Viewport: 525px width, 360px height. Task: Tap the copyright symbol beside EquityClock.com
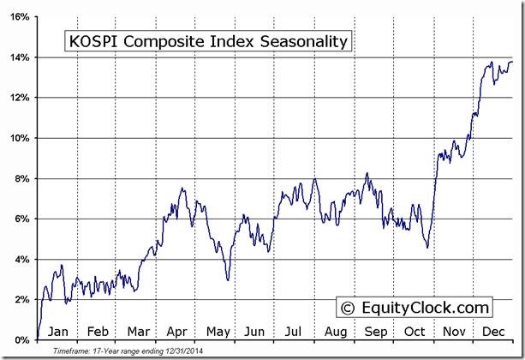pyautogui.click(x=348, y=307)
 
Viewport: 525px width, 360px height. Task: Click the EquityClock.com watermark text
pyautogui.click(x=425, y=307)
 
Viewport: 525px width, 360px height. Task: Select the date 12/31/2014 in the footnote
pyautogui.click(x=182, y=351)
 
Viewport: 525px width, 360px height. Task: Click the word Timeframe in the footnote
pyautogui.click(x=70, y=351)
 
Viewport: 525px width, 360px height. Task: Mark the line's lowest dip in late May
pyautogui.click(x=227, y=279)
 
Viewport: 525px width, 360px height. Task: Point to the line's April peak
pyautogui.click(x=182, y=188)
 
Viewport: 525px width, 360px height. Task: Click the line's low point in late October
pyautogui.click(x=427, y=248)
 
